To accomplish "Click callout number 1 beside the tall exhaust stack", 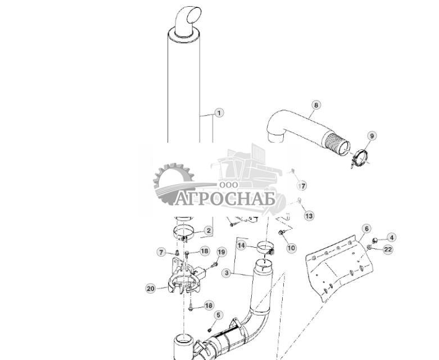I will point(219,113).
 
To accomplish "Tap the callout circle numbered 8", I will point(316,105).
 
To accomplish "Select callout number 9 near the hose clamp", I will point(372,135).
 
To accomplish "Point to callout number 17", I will point(302,186).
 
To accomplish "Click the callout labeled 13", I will point(309,216).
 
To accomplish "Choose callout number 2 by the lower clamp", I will point(209,230).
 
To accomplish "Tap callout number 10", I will point(291,248).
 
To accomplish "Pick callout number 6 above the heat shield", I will point(366,229).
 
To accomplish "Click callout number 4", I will point(391,238).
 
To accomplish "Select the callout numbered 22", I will point(388,250).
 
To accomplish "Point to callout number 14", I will point(241,245).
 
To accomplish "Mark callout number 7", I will point(161,252).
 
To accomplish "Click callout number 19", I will point(221,252).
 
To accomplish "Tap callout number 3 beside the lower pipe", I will point(226,273).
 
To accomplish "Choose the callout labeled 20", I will point(150,289).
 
